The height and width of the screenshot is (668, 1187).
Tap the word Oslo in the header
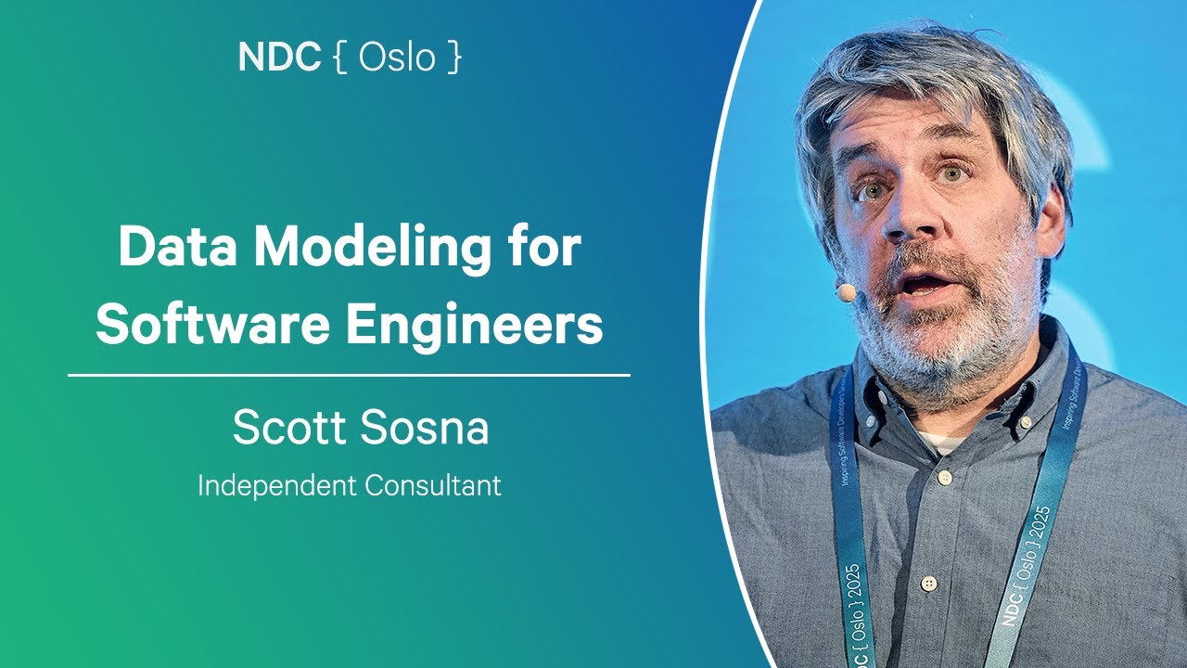[396, 58]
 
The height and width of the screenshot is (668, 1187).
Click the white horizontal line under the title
[349, 376]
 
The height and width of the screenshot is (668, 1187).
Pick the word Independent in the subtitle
[272, 485]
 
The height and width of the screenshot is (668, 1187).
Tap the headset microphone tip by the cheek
[846, 292]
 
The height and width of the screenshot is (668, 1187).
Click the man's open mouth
[927, 282]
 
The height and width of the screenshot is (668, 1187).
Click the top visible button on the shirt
[944, 478]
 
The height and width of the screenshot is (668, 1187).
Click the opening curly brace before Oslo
[339, 58]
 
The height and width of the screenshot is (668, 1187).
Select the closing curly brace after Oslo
[453, 58]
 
